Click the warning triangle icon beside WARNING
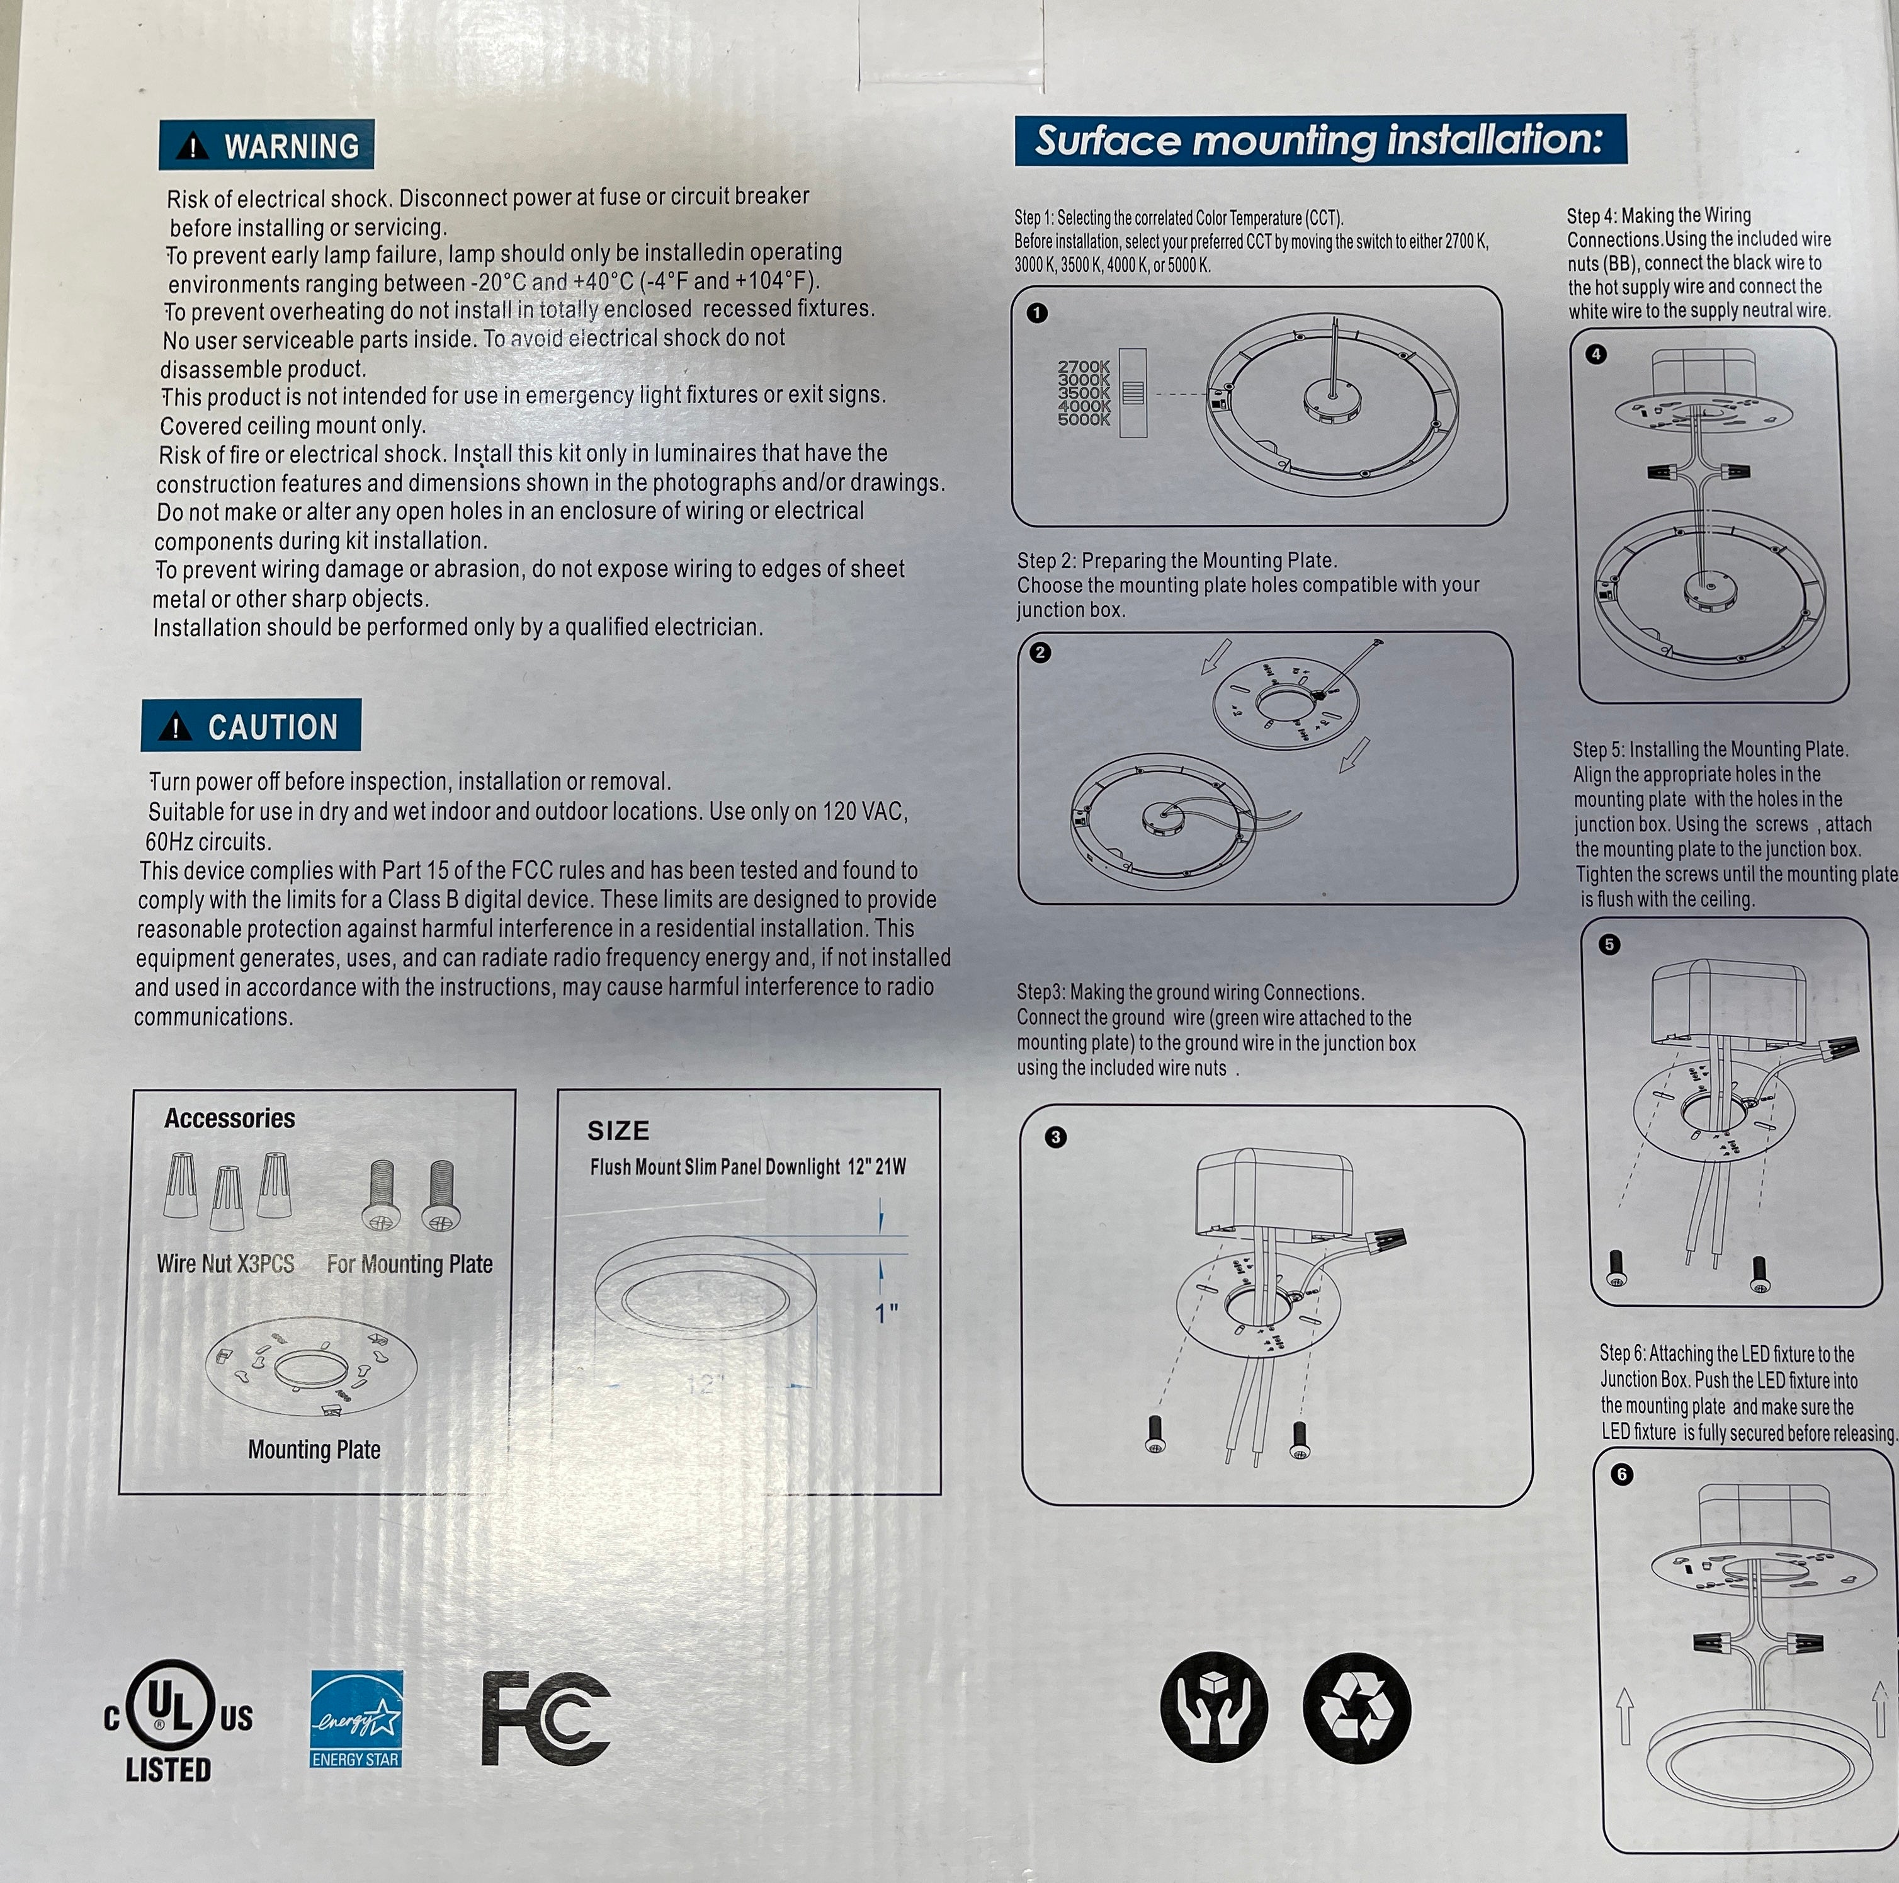coord(193,147)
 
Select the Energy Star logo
coord(356,1719)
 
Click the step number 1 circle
coord(1037,313)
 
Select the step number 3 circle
coord(1056,1137)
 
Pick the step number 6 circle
coord(1622,1475)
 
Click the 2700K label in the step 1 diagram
coord(1084,367)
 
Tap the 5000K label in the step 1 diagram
coord(1084,420)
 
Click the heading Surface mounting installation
coord(1319,140)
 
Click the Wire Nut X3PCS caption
coord(226,1263)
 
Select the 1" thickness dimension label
coord(887,1312)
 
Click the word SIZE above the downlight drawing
coord(618,1131)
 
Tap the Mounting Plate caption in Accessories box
coord(315,1449)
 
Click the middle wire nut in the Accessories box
coord(227,1198)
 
